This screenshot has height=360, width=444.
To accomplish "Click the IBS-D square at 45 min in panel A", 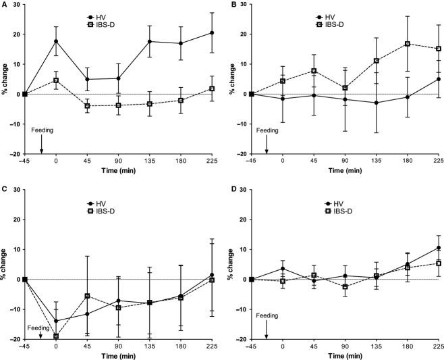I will [x=87, y=106].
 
